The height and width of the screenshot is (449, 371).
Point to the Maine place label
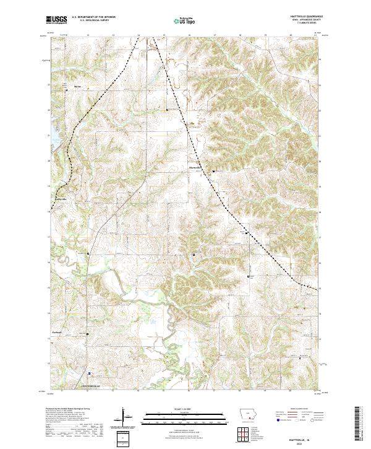pyautogui.click(x=77, y=86)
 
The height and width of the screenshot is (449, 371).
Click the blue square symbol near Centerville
pyautogui.click(x=90, y=373)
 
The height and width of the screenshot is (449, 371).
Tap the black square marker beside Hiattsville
pyautogui.click(x=214, y=171)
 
